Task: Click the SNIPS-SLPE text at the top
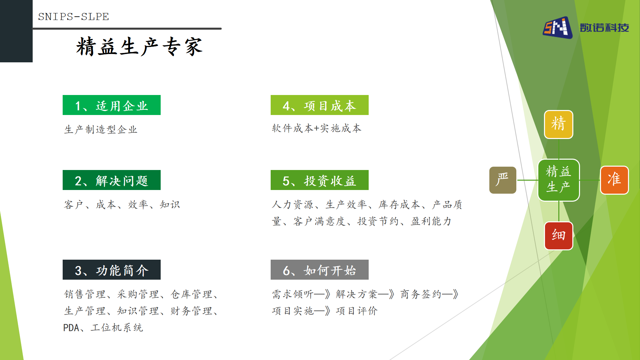(73, 17)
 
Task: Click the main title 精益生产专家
(139, 46)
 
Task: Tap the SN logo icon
(558, 28)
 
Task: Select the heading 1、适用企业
(112, 105)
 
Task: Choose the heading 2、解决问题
(112, 180)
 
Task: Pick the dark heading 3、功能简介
(112, 270)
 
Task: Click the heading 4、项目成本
(320, 105)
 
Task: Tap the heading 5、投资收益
(320, 180)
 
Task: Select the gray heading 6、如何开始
(320, 270)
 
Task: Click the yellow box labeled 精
(559, 124)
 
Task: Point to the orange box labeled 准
(614, 180)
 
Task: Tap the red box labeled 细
(559, 236)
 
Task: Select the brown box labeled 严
(503, 180)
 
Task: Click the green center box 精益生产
(559, 180)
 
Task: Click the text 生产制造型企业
(101, 129)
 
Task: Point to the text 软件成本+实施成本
(317, 128)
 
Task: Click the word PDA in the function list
(71, 328)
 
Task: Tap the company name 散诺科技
(604, 28)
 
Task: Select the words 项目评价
(357, 311)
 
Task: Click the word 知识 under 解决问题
(170, 204)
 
